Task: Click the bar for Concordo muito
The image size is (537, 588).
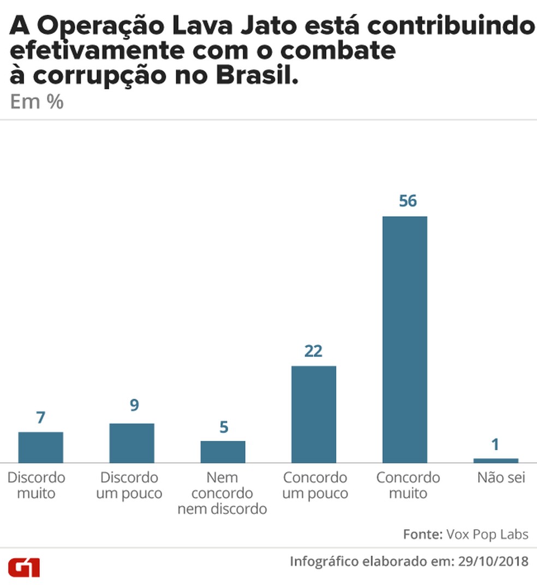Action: click(404, 339)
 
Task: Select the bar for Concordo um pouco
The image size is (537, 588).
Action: click(313, 414)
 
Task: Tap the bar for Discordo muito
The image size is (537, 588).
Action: click(40, 447)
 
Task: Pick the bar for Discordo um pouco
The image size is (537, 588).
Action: click(132, 443)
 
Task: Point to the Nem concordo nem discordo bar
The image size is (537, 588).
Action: click(223, 452)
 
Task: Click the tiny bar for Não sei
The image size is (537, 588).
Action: click(496, 460)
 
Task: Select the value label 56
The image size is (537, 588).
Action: click(407, 201)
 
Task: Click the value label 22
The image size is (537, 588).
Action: click(313, 351)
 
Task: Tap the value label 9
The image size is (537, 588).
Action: click(134, 406)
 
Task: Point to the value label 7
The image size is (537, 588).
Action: click(40, 418)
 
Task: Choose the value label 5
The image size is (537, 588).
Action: click(223, 427)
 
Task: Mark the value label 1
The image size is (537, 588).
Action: click(495, 445)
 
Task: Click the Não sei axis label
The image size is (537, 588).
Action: click(500, 478)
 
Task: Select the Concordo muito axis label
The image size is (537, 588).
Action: click(408, 485)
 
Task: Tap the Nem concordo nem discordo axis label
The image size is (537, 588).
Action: click(222, 493)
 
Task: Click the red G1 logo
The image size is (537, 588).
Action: click(24, 567)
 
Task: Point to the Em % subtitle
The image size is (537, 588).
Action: click(37, 103)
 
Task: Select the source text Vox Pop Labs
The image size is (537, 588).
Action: click(487, 534)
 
